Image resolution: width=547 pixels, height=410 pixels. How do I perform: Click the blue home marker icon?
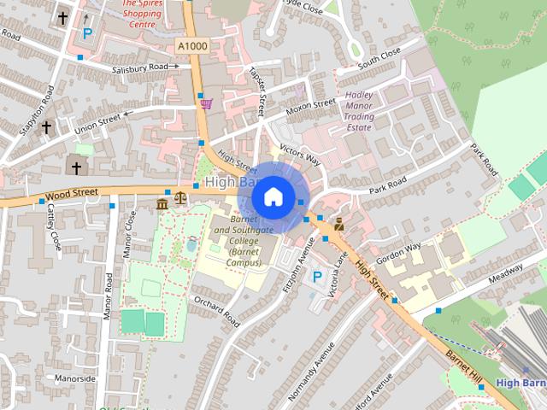(x=272, y=196)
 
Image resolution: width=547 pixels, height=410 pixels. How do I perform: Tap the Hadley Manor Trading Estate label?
(x=358, y=112)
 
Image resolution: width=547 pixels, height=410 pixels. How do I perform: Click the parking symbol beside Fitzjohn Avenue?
(x=317, y=277)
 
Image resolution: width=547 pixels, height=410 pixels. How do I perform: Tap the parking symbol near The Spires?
(x=86, y=34)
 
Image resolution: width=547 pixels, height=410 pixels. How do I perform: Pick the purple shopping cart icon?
(x=206, y=103)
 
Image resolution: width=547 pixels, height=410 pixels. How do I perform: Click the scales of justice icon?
(x=179, y=198)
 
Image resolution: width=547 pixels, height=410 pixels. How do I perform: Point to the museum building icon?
(x=162, y=203)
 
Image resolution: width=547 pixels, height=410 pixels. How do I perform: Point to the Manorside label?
(x=75, y=377)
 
